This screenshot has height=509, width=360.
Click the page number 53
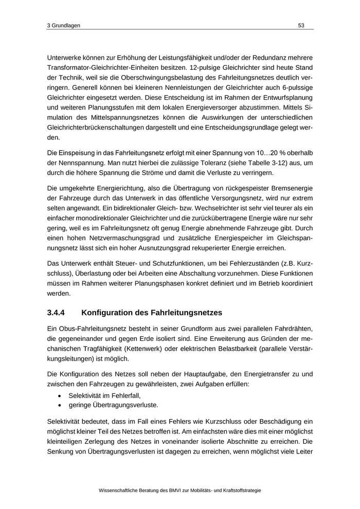[301, 26]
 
